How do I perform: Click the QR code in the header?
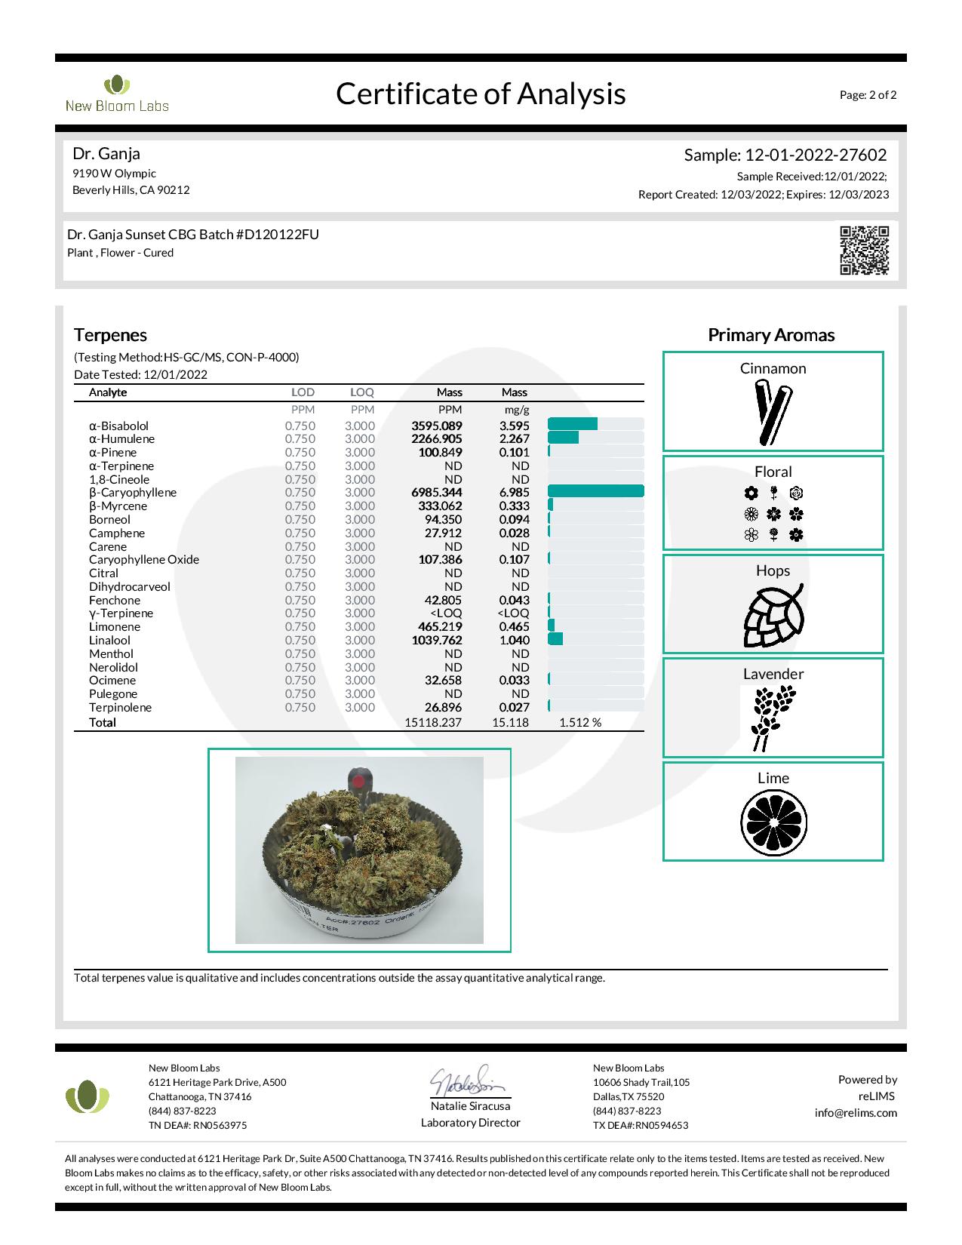point(865,251)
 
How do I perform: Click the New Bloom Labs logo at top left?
point(117,94)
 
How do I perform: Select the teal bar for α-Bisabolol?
point(572,425)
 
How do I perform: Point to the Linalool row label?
point(109,641)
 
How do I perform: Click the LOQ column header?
point(362,392)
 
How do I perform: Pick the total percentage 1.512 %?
point(579,723)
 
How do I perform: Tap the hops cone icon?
point(773,616)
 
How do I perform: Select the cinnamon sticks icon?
point(773,412)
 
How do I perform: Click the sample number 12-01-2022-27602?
point(816,155)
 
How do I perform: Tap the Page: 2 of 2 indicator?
point(868,95)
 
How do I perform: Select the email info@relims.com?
point(856,1113)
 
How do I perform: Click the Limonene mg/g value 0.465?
point(514,627)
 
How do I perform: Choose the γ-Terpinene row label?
point(121,613)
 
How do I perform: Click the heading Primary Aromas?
point(771,335)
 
